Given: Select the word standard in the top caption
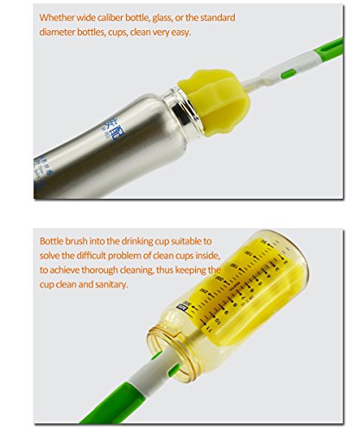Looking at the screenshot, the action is [218, 17].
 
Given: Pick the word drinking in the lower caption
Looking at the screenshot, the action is [137, 241].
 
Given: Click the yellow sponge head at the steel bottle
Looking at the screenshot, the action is [214, 102].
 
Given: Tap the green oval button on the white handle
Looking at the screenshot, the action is [288, 73].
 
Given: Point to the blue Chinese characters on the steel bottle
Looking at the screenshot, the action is [111, 129].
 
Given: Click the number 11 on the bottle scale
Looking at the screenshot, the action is [209, 329].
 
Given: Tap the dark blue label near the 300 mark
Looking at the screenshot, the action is [182, 308].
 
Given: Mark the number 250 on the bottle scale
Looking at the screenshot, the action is [204, 290].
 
